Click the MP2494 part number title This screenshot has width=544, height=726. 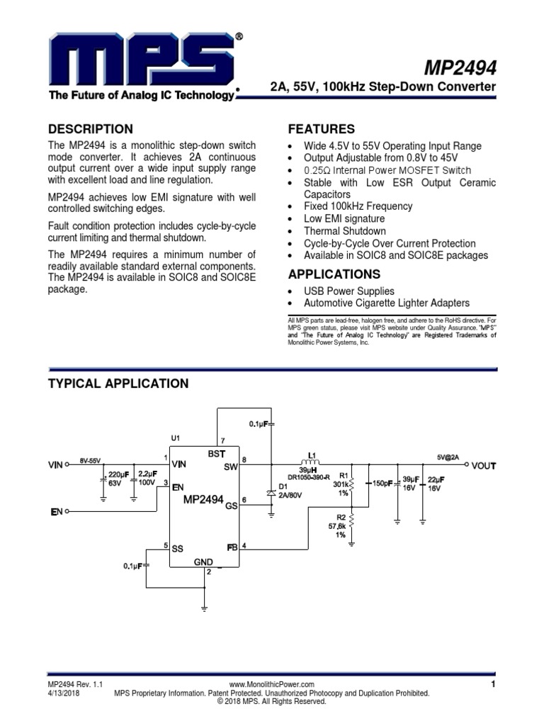pyautogui.click(x=460, y=68)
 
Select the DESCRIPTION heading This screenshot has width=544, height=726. pyautogui.click(x=90, y=129)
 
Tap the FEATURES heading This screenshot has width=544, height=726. pyautogui.click(x=321, y=129)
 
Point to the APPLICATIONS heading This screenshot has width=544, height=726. pyautogui.click(x=334, y=274)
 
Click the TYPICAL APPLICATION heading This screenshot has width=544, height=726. pyautogui.click(x=118, y=384)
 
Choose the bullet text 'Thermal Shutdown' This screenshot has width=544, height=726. pyautogui.click(x=345, y=231)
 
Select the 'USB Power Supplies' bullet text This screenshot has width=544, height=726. pyautogui.click(x=349, y=291)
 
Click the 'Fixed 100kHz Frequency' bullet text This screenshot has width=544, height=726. pyautogui.click(x=358, y=206)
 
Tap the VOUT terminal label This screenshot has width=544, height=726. pyautogui.click(x=484, y=466)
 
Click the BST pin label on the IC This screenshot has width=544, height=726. pyautogui.click(x=215, y=452)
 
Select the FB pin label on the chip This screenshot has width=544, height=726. pyautogui.click(x=232, y=547)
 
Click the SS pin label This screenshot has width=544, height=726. pyautogui.click(x=178, y=548)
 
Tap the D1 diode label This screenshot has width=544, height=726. pyautogui.click(x=283, y=486)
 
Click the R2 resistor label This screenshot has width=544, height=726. pyautogui.click(x=341, y=517)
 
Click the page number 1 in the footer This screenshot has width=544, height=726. pyautogui.click(x=492, y=684)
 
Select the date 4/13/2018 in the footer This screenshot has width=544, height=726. pyautogui.click(x=65, y=693)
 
